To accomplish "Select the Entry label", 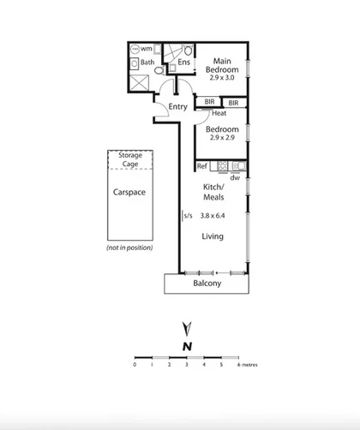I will (177, 107).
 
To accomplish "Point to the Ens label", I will (183, 62).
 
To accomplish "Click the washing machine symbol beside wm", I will (135, 49).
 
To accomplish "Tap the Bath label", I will (147, 62).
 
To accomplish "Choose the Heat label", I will (219, 113).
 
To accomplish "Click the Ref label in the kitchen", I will (202, 166).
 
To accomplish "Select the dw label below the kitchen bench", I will (234, 176).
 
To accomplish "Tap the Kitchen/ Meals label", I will (214, 192).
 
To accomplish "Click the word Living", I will (213, 236).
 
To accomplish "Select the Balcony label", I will (207, 283).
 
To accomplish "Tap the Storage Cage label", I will (130, 158).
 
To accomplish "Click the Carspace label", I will (129, 193).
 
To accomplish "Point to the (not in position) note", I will (129, 248).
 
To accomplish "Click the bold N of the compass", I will (186, 345).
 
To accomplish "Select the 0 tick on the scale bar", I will (135, 364).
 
